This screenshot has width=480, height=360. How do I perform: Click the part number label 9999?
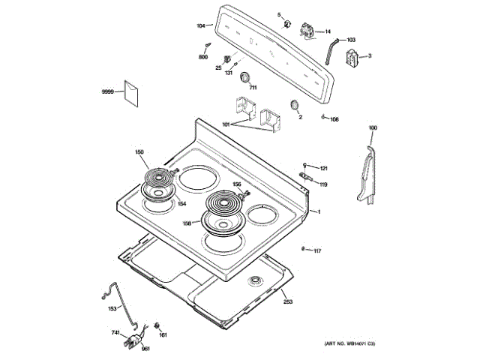pyautogui.click(x=107, y=91)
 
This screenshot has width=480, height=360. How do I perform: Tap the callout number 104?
pyautogui.click(x=201, y=26)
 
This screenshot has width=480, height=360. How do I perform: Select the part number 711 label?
pyautogui.click(x=253, y=88)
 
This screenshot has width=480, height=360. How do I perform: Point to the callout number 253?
pyautogui.click(x=288, y=301)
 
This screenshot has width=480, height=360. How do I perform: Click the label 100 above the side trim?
pyautogui.click(x=373, y=127)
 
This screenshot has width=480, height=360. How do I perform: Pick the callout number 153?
pyautogui.click(x=112, y=308)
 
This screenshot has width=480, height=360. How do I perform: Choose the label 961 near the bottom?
pyautogui.click(x=146, y=349)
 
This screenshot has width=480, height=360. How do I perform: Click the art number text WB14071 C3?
pyautogui.click(x=349, y=343)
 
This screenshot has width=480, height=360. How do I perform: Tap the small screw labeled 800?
pyautogui.click(x=204, y=47)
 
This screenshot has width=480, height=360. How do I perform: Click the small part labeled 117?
pyautogui.click(x=301, y=249)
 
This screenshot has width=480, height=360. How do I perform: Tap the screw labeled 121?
pyautogui.click(x=304, y=164)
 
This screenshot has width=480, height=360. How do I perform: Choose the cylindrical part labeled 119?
pyautogui.click(x=305, y=178)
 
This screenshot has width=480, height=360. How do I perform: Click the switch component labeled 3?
pyautogui.click(x=351, y=58)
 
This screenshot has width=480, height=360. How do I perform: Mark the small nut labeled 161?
pyautogui.click(x=157, y=325)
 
